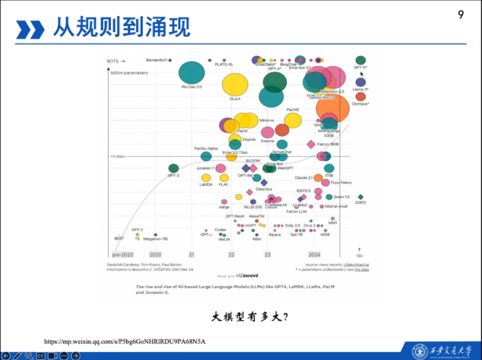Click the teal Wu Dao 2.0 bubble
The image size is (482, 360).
(192, 72)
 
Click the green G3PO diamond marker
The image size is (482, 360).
(361, 197)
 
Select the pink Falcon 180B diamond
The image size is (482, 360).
(311, 144)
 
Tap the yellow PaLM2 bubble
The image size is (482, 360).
(293, 119)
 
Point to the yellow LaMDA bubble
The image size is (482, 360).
(206, 178)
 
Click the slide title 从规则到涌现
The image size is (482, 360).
(122, 28)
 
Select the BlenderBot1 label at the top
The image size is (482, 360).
(157, 60)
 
